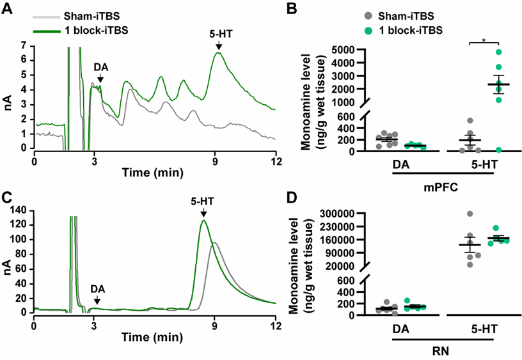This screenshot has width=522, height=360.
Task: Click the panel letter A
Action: click(x=8, y=8)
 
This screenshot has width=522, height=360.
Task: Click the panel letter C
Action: click(x=8, y=196)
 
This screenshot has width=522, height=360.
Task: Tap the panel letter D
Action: click(x=291, y=196)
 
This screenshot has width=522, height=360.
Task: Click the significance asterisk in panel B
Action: click(x=484, y=40)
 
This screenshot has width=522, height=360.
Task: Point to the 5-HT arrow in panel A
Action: click(x=219, y=45)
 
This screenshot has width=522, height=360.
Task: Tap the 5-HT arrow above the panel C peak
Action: click(x=203, y=213)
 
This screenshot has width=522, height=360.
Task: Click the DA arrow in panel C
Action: click(x=97, y=299)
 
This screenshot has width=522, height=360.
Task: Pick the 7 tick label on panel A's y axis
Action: click(x=23, y=46)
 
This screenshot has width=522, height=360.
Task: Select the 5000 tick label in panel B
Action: click(x=343, y=49)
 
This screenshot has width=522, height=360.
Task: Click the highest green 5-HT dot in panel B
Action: click(x=498, y=52)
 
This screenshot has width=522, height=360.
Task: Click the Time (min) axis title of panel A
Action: click(x=153, y=172)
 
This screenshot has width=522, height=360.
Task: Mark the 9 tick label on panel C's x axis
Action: click(x=216, y=325)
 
